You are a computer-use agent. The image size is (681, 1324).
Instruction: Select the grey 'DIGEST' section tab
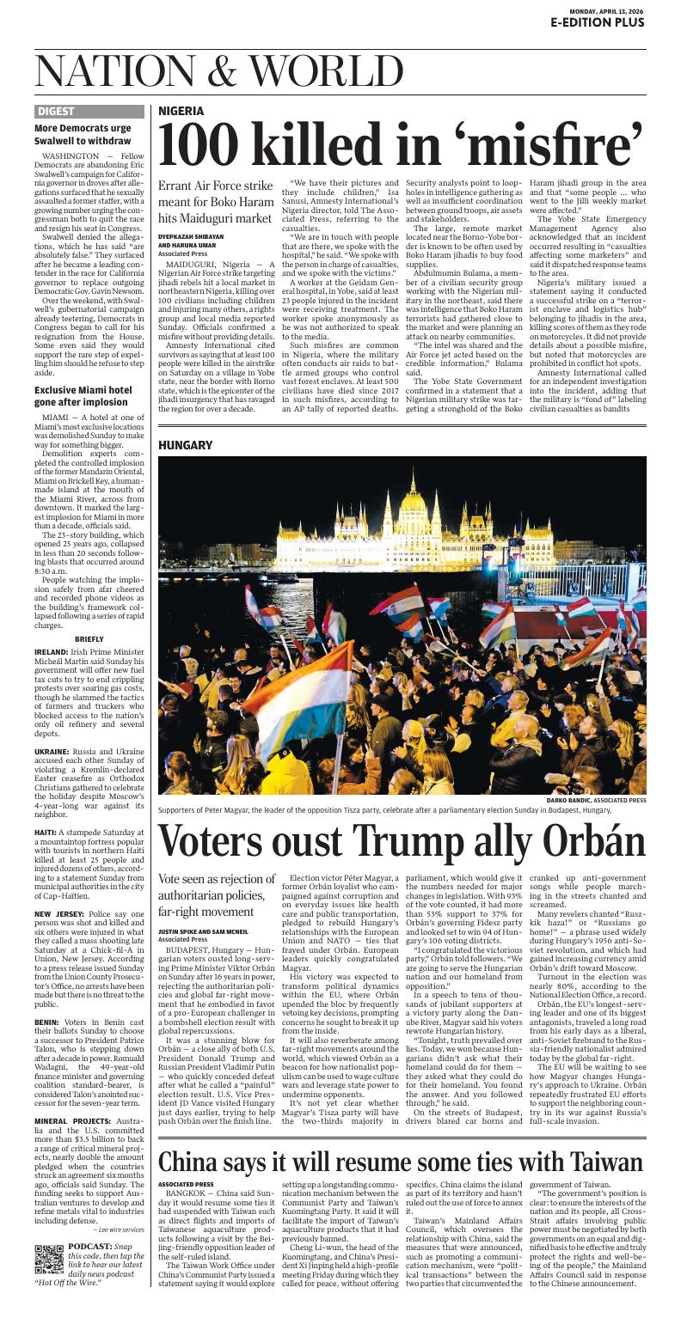tap(56, 111)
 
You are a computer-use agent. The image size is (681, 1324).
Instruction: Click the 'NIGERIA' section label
tap(181, 111)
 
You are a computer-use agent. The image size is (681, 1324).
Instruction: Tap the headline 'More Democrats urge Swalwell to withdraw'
tap(83, 134)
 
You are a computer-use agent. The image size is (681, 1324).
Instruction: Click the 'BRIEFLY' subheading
tap(89, 639)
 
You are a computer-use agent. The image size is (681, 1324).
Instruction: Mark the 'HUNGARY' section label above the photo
tap(184, 445)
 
